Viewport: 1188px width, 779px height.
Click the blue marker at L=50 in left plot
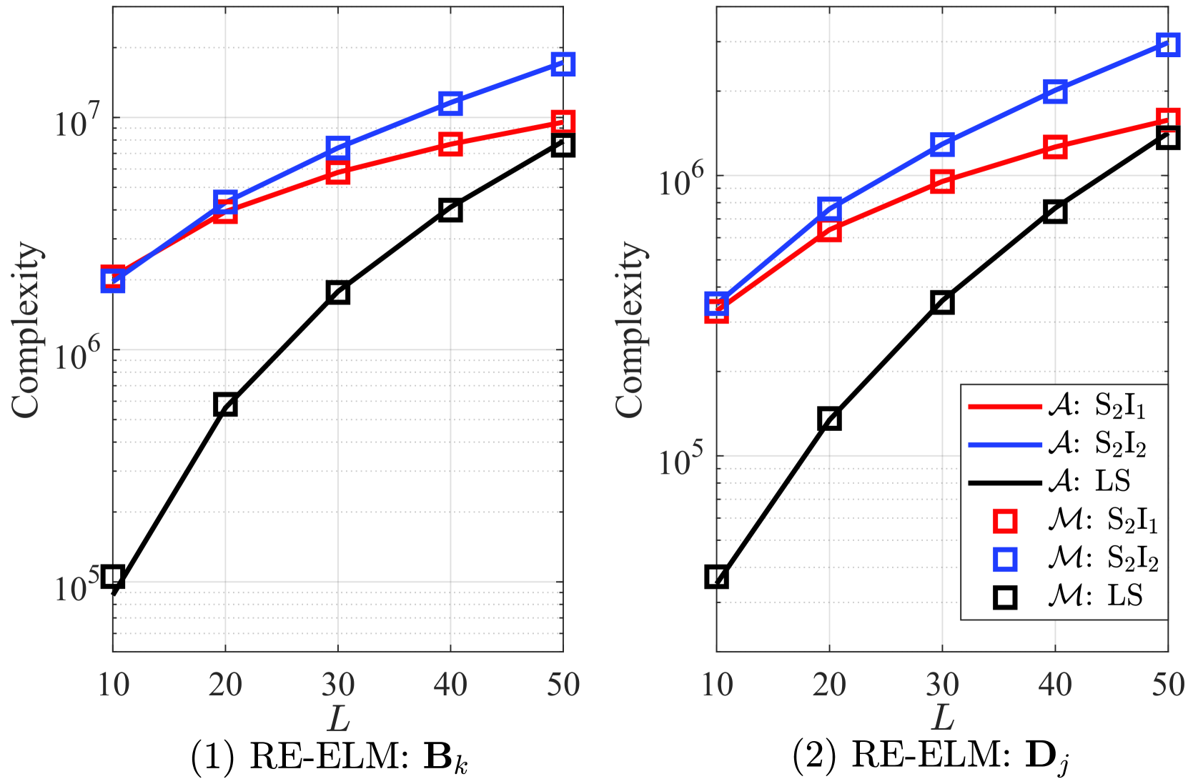(x=563, y=64)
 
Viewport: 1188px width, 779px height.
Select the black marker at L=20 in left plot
(x=225, y=405)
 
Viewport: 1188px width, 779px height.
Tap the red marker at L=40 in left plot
(x=450, y=144)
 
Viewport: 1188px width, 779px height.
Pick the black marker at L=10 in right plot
(x=716, y=577)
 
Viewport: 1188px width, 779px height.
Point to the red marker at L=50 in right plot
(x=1167, y=119)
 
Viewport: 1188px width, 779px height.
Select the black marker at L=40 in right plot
(x=1055, y=212)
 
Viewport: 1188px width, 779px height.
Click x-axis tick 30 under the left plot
(x=337, y=685)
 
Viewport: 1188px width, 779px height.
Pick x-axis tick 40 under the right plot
(x=1055, y=685)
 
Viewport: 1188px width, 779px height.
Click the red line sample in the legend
(x=1004, y=407)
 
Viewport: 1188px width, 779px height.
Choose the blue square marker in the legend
(x=1005, y=559)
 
